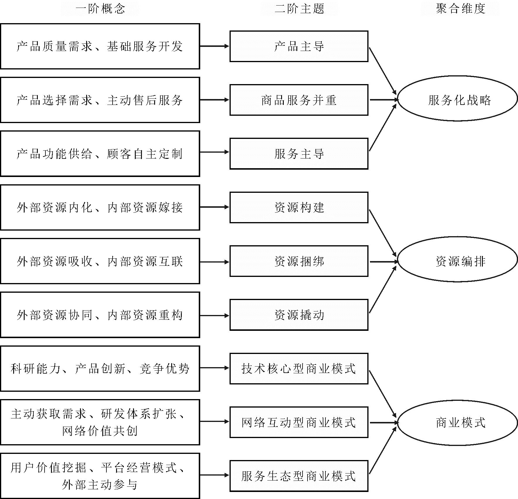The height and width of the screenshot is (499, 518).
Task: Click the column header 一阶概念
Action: (100, 8)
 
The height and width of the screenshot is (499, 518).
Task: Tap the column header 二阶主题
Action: (299, 8)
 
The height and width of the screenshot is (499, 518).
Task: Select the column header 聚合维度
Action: (460, 8)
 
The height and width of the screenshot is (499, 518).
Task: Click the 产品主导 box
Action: (299, 46)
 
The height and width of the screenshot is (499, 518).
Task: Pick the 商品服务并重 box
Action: (299, 100)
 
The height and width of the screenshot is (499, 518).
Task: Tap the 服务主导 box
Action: (299, 154)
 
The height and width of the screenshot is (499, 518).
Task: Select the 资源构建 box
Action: (299, 207)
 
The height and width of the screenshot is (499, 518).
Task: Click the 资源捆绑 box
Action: (299, 261)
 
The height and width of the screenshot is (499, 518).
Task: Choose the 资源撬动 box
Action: (299, 315)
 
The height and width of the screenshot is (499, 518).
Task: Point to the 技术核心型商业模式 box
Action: (299, 369)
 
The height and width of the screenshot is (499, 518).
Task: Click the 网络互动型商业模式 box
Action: (299, 422)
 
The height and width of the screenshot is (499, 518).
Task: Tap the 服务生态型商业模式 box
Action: (299, 476)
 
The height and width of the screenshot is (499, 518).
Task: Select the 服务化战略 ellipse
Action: (457, 100)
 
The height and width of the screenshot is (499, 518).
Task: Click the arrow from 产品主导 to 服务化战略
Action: (383, 71)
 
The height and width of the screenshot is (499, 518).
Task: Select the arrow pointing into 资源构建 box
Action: (215, 207)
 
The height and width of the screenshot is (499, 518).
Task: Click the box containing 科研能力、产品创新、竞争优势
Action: (100, 369)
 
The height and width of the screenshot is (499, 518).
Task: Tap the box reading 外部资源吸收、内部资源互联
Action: (100, 261)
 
